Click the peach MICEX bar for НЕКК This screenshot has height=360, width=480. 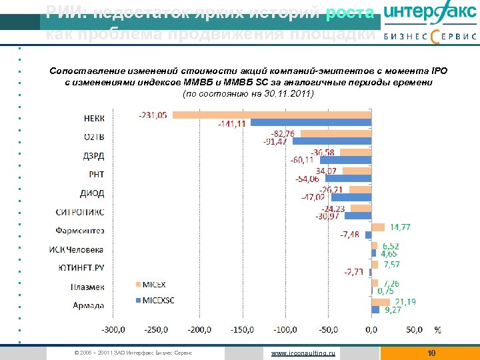271,115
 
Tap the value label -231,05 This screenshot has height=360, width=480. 153,115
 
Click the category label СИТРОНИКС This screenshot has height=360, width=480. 79,213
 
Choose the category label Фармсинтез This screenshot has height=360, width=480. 79,231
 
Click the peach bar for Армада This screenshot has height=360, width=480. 380,302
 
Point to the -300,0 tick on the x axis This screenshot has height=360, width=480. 113,329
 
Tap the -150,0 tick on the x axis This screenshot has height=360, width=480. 242,329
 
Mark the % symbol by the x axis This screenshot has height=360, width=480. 437,329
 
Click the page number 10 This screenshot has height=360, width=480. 431,353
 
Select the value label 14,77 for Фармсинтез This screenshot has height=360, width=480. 400,227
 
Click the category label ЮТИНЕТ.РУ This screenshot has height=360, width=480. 79,269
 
